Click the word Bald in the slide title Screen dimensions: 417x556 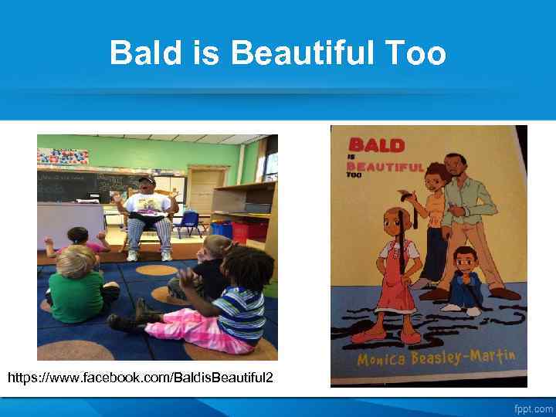coord(145,53)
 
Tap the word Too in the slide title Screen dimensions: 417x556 coord(412,53)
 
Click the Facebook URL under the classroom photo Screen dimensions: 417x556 coord(140,378)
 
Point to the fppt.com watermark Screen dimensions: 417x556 coord(534,409)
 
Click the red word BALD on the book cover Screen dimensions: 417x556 coord(376,144)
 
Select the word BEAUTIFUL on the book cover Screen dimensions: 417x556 coord(385,166)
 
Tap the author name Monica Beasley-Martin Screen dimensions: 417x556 coord(436,358)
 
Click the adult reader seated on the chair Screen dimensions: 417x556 coord(147,216)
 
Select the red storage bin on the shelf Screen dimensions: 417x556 coord(240,230)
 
